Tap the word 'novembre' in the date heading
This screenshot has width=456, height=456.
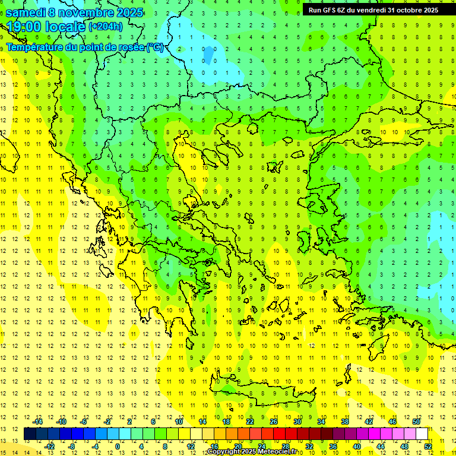tap(85, 12)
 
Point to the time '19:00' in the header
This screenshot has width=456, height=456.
tap(26, 27)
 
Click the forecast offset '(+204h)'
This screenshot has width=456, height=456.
tap(106, 26)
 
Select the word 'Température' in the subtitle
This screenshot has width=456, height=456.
tap(36, 47)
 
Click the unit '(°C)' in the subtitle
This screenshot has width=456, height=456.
tap(154, 47)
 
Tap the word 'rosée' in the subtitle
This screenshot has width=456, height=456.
tap(130, 47)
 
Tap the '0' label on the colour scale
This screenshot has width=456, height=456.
tap(118, 446)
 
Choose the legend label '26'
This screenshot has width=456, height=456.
tap(274, 422)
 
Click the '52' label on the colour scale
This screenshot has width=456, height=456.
tap(428, 446)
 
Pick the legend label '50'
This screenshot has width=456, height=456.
tap(416, 422)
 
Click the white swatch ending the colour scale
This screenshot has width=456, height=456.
tap(422, 434)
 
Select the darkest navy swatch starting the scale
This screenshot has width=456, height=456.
tap(30, 434)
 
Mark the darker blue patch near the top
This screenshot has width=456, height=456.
tap(208, 54)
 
